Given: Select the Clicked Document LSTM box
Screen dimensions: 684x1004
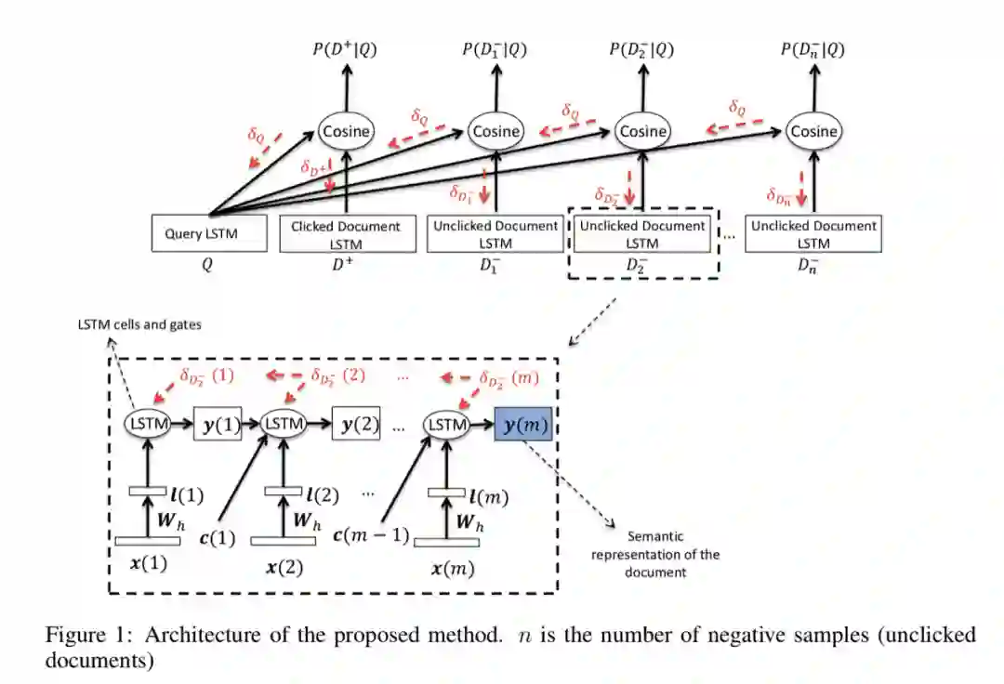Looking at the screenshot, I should (x=346, y=234).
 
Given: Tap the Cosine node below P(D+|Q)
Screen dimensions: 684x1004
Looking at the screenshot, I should (x=346, y=131).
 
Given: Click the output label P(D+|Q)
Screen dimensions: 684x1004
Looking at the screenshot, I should (x=345, y=49).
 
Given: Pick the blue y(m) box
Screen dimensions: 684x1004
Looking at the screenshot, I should (x=522, y=425).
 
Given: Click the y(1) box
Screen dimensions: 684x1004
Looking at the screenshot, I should (x=219, y=425).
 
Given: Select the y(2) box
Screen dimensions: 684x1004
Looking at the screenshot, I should (x=358, y=425).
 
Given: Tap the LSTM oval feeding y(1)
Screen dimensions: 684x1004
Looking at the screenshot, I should (x=147, y=424).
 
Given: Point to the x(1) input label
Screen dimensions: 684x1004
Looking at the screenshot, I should (x=149, y=562).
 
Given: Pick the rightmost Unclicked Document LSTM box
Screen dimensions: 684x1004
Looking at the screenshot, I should (x=813, y=234).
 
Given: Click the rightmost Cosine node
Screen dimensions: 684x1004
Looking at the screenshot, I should (x=813, y=131).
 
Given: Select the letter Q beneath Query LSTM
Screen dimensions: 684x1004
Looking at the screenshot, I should (x=206, y=265).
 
